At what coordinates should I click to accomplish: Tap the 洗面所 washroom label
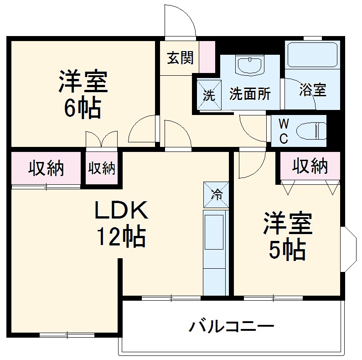coord(250,94)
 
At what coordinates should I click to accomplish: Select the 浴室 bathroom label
coord(312,90)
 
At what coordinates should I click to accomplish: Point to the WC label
coord(284,131)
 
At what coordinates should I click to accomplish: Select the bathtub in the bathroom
coord(312,55)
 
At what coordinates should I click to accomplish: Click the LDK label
coord(121,210)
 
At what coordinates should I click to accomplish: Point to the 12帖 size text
coord(121,237)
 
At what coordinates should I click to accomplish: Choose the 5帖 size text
coord(287,249)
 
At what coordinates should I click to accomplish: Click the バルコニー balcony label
coord(232,327)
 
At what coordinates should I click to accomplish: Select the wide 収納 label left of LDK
coord(46,169)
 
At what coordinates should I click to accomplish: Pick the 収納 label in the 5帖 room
coord(310,167)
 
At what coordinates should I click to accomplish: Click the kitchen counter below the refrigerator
coord(214,251)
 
